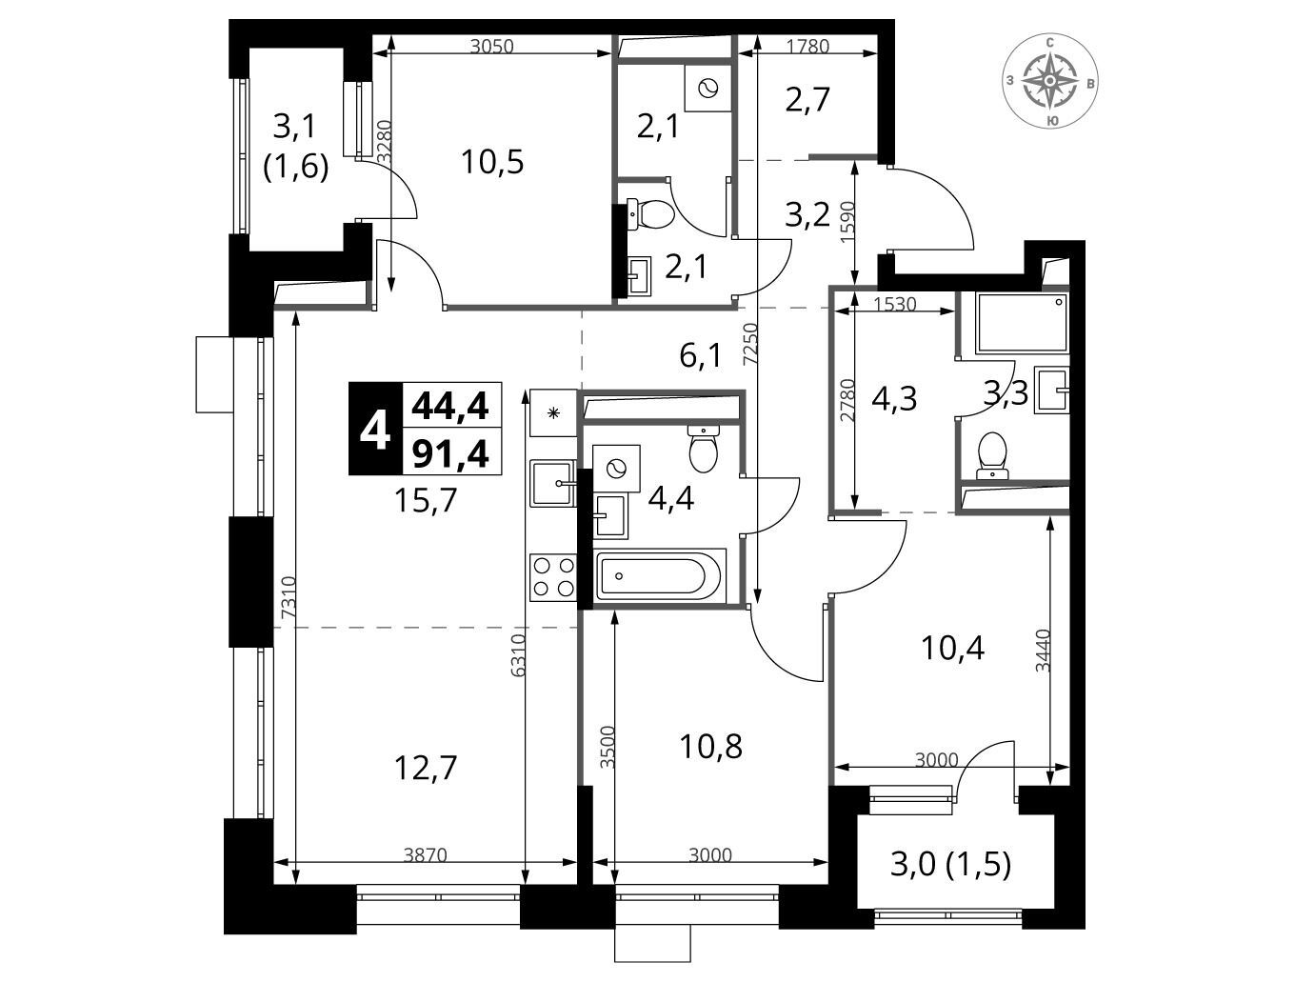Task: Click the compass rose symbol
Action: point(1050,81)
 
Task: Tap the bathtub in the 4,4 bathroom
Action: point(661,575)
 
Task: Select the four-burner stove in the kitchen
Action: point(552,577)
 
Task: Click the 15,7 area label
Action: point(426,500)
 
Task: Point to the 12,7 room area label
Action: point(426,769)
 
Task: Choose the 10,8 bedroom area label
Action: point(710,747)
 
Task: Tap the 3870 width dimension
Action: point(426,854)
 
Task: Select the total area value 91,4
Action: point(451,454)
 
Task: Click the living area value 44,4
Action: point(451,407)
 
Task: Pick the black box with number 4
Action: point(375,429)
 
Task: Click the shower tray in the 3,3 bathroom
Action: point(1023,323)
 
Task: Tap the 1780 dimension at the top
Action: point(808,46)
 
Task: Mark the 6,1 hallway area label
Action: point(700,356)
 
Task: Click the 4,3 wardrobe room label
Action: point(894,398)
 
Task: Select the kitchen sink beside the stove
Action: point(553,483)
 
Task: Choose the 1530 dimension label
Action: point(895,304)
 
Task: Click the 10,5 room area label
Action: point(492,162)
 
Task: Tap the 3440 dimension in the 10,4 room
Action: point(1043,651)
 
